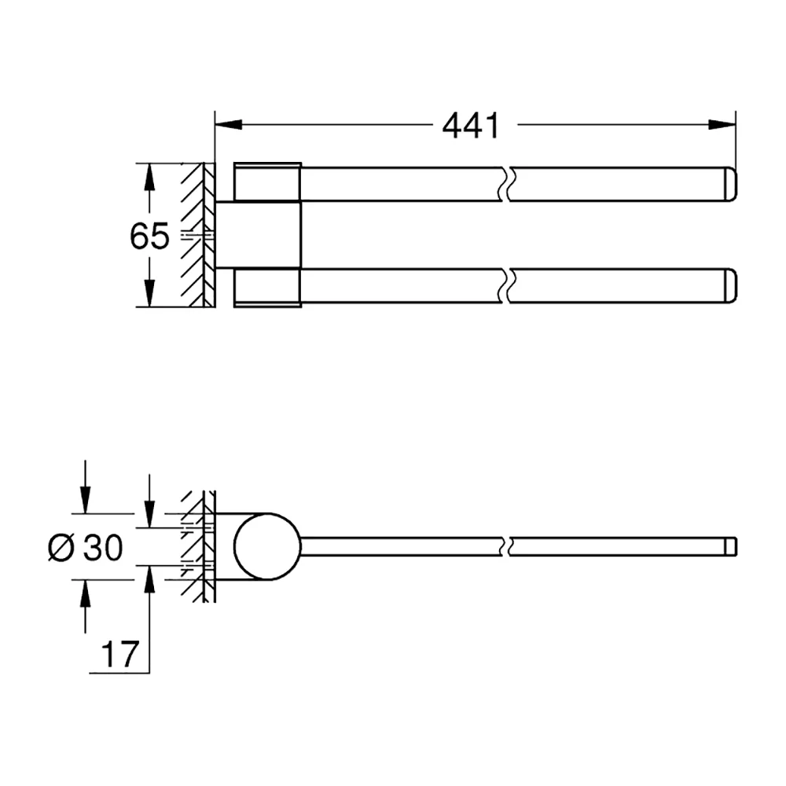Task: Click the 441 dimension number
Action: click(x=471, y=126)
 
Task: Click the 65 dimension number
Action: click(x=149, y=236)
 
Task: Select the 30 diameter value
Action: click(x=102, y=547)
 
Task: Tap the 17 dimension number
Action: click(x=119, y=654)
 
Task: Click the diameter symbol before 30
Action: click(x=61, y=547)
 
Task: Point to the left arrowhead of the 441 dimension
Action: click(x=229, y=124)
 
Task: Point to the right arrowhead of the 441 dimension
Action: click(x=722, y=124)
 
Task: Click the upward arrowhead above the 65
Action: click(x=149, y=177)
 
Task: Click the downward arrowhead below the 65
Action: click(x=149, y=293)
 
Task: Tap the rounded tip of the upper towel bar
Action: click(x=731, y=185)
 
